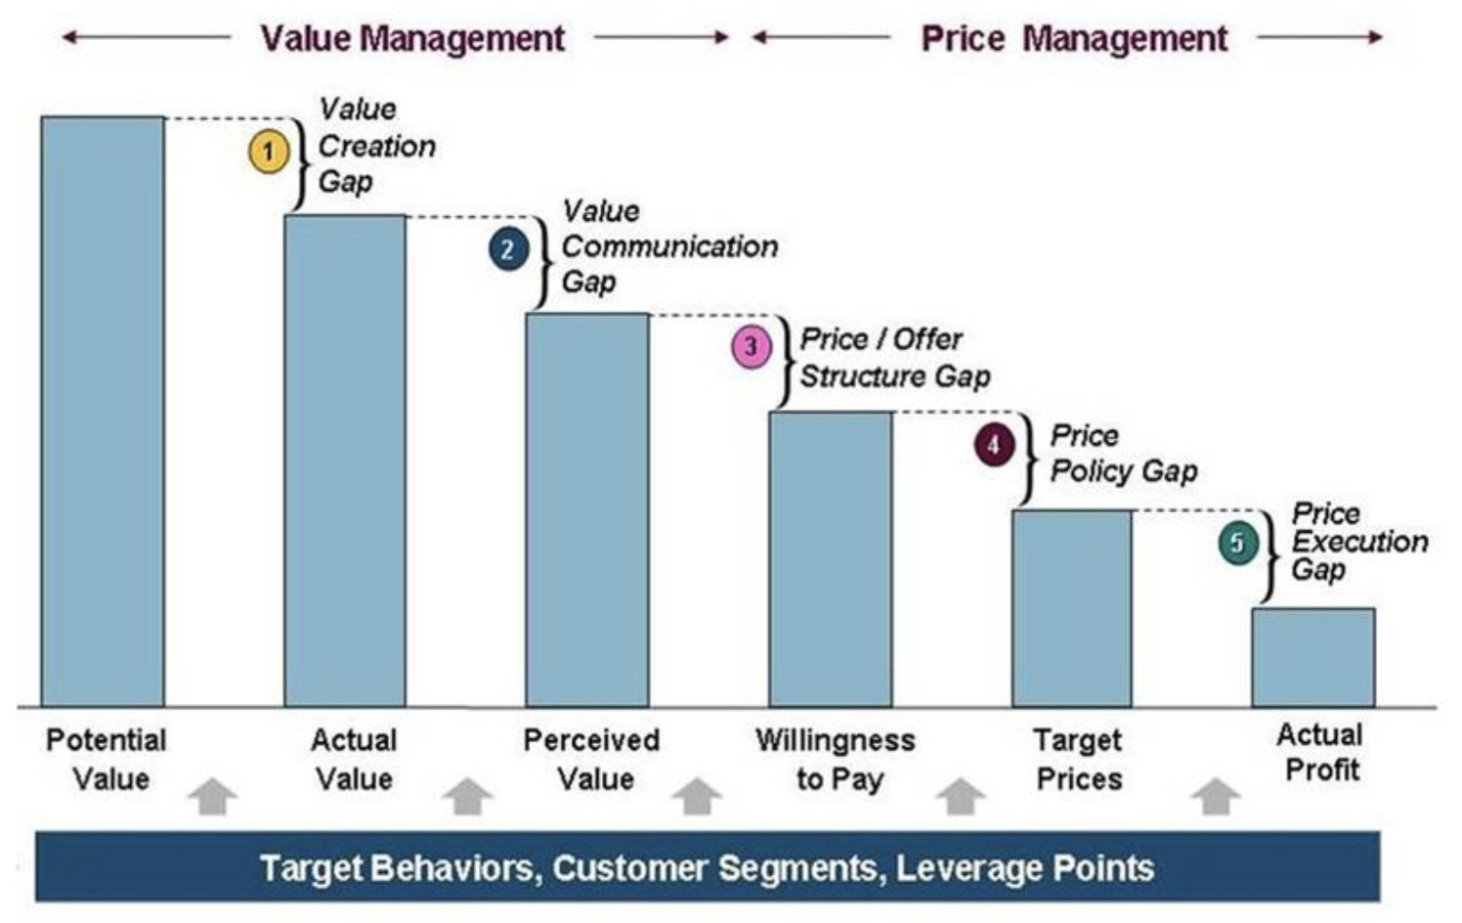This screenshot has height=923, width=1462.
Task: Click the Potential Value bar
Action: click(103, 411)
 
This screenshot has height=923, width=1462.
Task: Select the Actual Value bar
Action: click(345, 460)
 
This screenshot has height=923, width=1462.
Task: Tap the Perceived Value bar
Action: click(587, 508)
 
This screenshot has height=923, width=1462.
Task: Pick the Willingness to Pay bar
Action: click(830, 557)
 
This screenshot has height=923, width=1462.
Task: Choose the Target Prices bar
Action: click(1072, 607)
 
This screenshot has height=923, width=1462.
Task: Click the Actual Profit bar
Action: click(1313, 656)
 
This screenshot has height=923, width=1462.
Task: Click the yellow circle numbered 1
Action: click(268, 153)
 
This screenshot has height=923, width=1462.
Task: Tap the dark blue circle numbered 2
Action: click(508, 249)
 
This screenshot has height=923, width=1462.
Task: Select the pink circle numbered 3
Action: click(752, 347)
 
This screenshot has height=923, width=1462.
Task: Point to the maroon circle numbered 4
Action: click(994, 446)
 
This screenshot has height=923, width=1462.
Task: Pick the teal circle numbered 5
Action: click(1237, 544)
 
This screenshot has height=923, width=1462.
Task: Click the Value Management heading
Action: click(411, 38)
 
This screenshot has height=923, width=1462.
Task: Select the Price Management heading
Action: click(1074, 38)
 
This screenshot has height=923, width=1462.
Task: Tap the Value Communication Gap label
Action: click(668, 246)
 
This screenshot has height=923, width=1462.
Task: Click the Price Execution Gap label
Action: click(1358, 541)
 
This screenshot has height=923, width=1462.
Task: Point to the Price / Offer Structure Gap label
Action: click(894, 358)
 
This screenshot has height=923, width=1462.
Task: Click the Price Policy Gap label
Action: click(1122, 454)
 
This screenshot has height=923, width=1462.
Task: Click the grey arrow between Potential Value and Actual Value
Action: click(212, 796)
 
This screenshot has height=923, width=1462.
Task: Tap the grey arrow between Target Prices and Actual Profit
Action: click(1215, 796)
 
